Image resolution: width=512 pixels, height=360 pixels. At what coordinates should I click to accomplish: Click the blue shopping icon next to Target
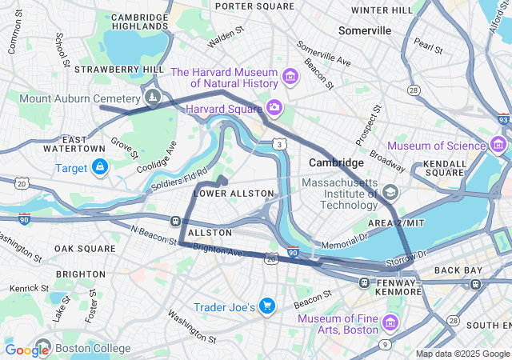coord(100,167)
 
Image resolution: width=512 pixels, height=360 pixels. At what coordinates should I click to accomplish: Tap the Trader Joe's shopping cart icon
coord(267,306)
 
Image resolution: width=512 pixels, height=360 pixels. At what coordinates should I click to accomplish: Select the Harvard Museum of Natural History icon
coord(290,78)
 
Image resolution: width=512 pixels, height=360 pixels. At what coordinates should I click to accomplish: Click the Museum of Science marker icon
coord(498,145)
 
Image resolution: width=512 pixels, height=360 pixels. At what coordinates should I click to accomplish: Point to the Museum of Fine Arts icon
coord(390,322)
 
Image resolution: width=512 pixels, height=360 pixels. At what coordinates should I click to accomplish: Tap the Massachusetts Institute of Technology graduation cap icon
coord(390,192)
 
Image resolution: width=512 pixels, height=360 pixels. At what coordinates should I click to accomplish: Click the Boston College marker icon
coord(42,348)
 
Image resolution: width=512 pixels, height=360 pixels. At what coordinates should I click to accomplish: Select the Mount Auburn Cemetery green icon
coord(152,98)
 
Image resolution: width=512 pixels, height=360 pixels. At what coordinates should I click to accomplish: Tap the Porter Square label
coord(254,6)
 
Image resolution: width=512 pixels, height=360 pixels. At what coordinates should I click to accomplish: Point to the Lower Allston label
coord(234,194)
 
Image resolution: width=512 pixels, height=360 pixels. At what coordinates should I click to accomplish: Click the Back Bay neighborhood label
coord(458,270)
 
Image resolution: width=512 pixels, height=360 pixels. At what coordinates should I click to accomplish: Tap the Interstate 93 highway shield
coord(502,119)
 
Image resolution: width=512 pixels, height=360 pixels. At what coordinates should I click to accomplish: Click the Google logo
coord(26,350)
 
